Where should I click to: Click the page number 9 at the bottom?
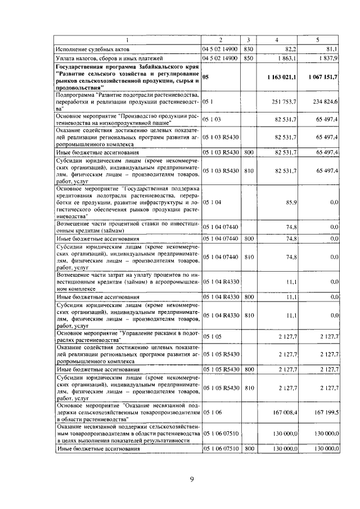pyautogui.click(x=192, y=479)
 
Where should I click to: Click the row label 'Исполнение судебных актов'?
pyautogui.click(x=93, y=49)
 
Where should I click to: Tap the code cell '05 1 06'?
pyautogui.click(x=213, y=412)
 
